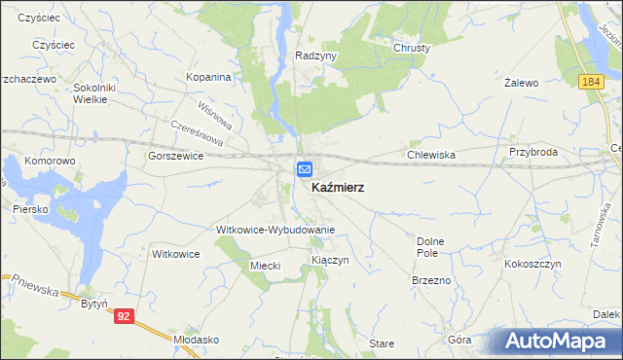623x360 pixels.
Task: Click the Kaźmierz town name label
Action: [x=338, y=187]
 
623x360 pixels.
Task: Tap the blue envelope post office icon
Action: [x=305, y=169]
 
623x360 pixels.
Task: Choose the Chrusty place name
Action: [x=412, y=48]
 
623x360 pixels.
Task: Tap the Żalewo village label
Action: [x=522, y=84]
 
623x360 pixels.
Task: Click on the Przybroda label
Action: [x=532, y=153]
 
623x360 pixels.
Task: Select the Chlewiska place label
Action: [x=432, y=154]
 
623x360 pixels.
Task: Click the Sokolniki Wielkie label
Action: [x=95, y=92]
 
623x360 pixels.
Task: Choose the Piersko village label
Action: [x=31, y=208]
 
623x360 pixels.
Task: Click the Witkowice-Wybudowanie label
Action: [x=275, y=230]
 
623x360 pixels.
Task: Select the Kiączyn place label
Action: [x=330, y=261]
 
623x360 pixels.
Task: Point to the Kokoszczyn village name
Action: [x=532, y=264]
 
